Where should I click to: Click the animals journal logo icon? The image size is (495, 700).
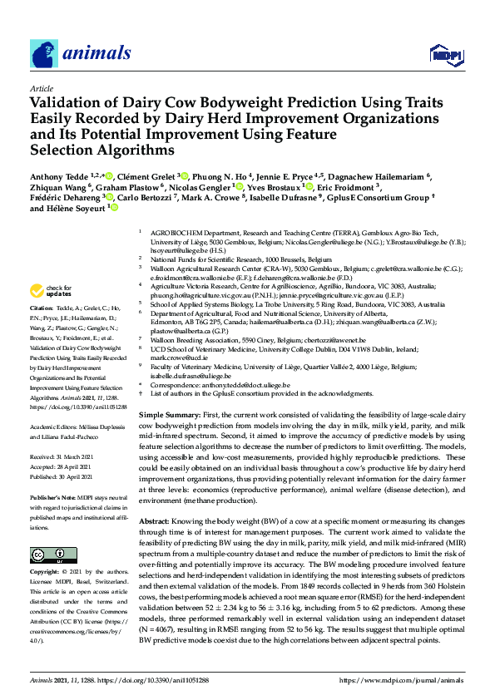[43, 53]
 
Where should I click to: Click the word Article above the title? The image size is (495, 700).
[41, 87]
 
